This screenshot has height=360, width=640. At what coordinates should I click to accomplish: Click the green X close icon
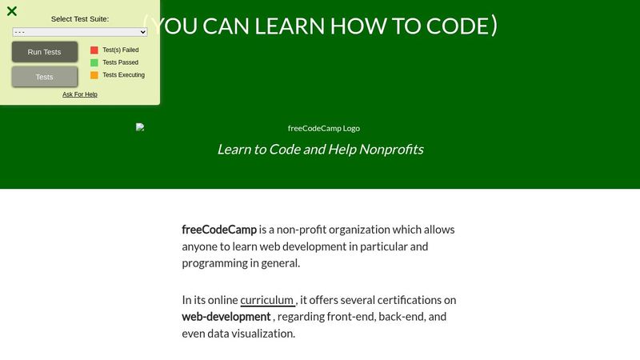[12, 11]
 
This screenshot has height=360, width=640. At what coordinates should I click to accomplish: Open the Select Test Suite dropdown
[80, 32]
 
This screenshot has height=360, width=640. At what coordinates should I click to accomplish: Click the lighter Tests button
[45, 77]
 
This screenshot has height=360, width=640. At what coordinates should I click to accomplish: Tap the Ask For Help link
[80, 94]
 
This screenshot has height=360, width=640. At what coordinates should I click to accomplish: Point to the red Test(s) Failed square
[94, 50]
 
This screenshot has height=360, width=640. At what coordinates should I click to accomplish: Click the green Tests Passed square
[94, 62]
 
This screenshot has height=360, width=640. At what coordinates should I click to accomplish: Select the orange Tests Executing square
[94, 75]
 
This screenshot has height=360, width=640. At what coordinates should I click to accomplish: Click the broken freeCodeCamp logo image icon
[140, 127]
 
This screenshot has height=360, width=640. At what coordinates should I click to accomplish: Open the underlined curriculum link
[267, 300]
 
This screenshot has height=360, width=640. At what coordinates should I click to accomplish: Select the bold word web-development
[226, 317]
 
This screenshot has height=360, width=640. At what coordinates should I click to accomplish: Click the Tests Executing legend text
[124, 75]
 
